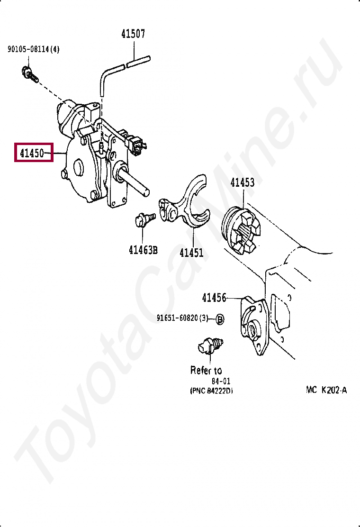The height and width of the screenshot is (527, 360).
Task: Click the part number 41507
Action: tap(133, 34)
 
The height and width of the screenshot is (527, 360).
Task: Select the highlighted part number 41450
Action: tap(32, 153)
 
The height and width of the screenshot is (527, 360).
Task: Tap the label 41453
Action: tap(242, 182)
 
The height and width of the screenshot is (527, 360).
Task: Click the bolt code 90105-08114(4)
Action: tap(33, 49)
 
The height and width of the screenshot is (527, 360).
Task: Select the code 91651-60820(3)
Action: tap(182, 318)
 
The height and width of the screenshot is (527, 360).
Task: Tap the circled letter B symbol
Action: tap(220, 319)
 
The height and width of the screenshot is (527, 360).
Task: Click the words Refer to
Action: tap(206, 370)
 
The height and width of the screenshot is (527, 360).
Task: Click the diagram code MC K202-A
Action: tap(326, 390)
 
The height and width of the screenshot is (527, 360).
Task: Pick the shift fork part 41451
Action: tap(186, 206)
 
